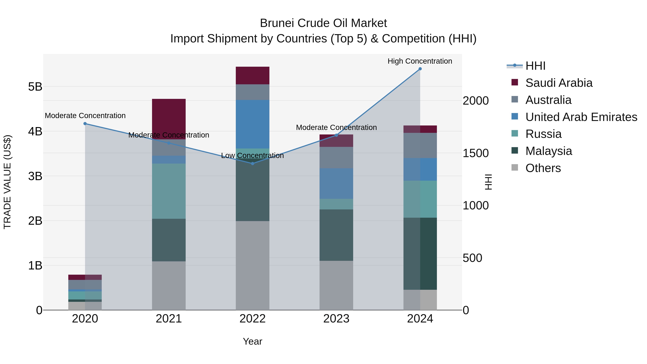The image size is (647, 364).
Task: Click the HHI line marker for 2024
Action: pos(420,69)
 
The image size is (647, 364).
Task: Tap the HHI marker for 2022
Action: pos(253,164)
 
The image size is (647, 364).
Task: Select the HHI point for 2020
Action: pos(85,124)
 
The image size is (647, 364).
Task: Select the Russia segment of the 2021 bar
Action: pos(169,191)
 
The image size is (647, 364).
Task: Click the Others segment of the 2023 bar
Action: pos(336,285)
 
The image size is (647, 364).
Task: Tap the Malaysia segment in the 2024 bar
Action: pos(420,253)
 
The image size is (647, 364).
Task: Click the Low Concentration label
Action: pos(253,156)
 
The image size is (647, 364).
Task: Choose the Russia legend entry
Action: pos(543,134)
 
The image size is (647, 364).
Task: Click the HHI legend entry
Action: pos(535,66)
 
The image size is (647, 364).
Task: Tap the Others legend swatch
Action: pos(515,168)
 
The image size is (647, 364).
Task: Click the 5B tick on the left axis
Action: pos(35,87)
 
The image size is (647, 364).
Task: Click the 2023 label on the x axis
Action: pos(336,319)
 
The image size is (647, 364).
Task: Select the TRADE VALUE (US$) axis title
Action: pos(8,182)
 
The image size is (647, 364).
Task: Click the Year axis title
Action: pos(253,341)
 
